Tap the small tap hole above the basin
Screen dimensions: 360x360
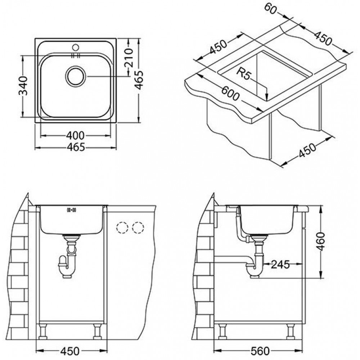76,47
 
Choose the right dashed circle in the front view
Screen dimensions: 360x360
138,228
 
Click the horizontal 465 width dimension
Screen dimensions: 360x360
76,147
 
